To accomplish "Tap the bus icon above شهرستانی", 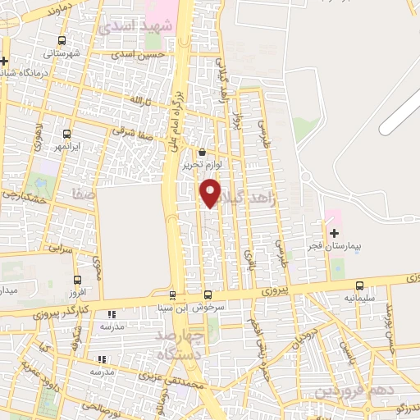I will pos(63,40).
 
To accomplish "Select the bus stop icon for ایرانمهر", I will pos(66,134).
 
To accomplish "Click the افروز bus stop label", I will pos(76,291).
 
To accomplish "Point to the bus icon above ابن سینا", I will pos(172,295).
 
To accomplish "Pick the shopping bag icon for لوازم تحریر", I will pos(203,151).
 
